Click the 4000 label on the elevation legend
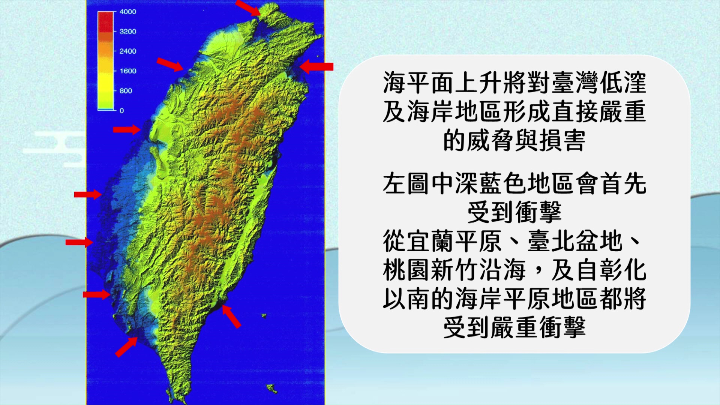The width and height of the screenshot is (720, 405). (x=127, y=12)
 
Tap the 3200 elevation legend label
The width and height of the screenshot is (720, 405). (x=127, y=31)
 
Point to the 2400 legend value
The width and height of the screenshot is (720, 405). (x=127, y=51)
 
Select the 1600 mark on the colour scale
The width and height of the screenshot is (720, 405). (x=127, y=71)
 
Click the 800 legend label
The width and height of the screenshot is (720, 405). (x=126, y=91)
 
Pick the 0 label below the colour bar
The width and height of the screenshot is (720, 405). (x=121, y=111)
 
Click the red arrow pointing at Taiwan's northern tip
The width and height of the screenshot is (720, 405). (x=247, y=8)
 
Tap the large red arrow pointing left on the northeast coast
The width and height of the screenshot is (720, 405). (x=316, y=67)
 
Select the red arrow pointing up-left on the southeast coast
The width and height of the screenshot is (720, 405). (x=231, y=316)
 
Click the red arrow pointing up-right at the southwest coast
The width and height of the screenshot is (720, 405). (x=126, y=347)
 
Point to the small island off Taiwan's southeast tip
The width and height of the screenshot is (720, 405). (x=272, y=388)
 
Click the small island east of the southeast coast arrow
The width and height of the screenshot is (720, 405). (x=264, y=316)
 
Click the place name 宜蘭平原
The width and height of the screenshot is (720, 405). (x=442, y=241)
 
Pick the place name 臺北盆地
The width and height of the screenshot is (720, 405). (x=575, y=241)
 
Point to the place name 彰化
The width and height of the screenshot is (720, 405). (x=623, y=270)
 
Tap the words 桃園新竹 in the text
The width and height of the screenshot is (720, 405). (x=430, y=270)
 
